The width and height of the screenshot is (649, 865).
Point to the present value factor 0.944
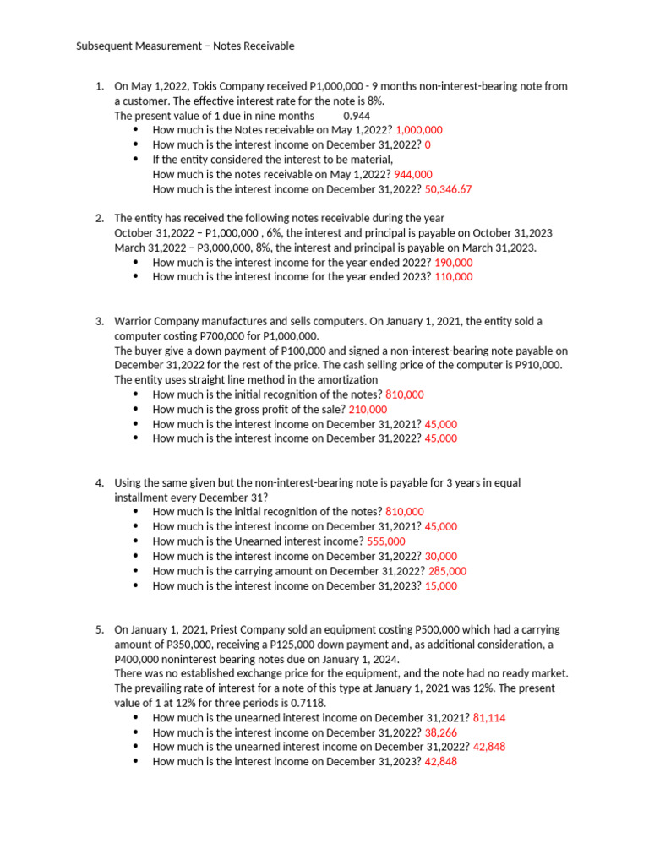(357, 116)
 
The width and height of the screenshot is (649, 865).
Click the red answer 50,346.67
(442, 189)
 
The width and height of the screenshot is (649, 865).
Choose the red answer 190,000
(454, 263)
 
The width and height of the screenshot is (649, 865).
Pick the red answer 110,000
(454, 277)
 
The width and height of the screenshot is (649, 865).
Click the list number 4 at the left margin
(99, 482)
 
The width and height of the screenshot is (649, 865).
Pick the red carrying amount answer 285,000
(447, 571)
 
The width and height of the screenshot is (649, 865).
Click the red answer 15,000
(441, 585)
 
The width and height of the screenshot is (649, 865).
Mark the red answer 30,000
(441, 556)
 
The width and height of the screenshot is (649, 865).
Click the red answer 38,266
(441, 732)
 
